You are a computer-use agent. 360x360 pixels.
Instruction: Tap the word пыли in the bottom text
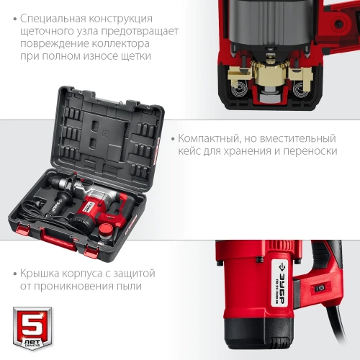tap(128, 287)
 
